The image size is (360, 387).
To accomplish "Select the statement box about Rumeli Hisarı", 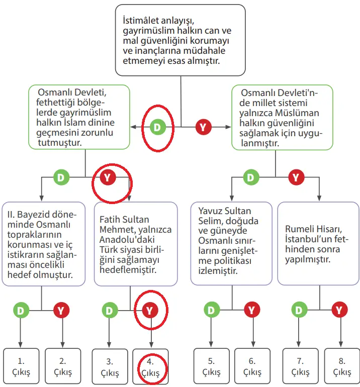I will click(318, 244).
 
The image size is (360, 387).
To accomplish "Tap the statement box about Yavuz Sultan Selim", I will click(232, 244).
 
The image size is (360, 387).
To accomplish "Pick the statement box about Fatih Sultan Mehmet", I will click(136, 244).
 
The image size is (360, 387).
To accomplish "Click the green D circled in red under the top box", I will click(157, 128).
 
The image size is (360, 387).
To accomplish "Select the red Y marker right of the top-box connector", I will click(203, 128).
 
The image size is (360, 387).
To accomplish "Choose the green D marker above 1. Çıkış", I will click(21, 310).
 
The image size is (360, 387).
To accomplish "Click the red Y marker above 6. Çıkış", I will click(252, 310).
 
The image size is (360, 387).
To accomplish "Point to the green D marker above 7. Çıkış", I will click(300, 310).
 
